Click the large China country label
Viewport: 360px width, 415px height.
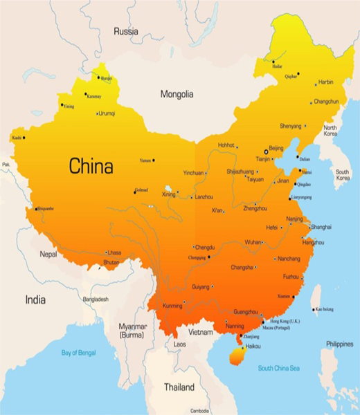[x=91, y=167]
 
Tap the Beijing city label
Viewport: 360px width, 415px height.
[x=276, y=148]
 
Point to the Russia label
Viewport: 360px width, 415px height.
[x=126, y=31]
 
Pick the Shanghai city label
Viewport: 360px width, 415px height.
[x=321, y=227]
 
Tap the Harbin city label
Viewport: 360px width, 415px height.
[x=325, y=82]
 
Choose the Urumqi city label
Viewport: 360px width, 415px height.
[x=107, y=113]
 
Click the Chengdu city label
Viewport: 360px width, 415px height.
[x=206, y=247]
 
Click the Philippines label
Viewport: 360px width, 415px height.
[x=340, y=344]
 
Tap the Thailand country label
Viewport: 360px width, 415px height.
[x=179, y=387]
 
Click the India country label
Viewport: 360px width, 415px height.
[x=35, y=299]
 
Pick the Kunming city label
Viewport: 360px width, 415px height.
[x=172, y=305]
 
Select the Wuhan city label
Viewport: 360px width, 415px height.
[x=252, y=243]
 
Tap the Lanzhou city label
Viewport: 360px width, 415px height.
[x=204, y=198]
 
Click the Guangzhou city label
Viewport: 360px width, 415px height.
[x=247, y=312]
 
